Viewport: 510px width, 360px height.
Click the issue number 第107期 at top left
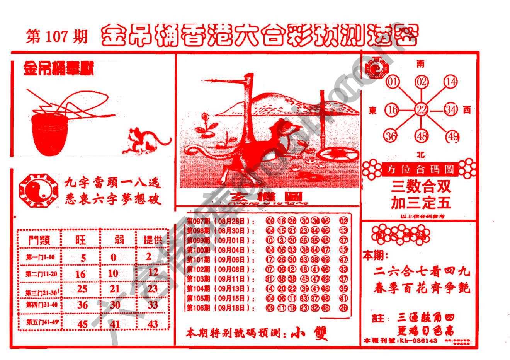(57, 37)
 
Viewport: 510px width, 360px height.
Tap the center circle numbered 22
(421, 110)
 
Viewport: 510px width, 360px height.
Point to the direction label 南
(421, 63)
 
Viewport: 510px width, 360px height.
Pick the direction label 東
(373, 111)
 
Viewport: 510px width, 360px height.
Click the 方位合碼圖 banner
(420, 169)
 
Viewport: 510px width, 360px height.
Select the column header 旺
(80, 240)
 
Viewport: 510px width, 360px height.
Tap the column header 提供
(153, 240)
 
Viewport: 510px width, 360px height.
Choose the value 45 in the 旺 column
(83, 324)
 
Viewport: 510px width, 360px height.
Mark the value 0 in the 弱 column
(113, 257)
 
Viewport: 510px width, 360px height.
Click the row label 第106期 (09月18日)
(221, 308)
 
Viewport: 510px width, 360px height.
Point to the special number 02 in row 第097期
(343, 221)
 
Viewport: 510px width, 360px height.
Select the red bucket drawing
(50, 133)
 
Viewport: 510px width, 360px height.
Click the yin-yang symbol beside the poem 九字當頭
(38, 189)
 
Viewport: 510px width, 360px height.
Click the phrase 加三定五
(421, 203)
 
